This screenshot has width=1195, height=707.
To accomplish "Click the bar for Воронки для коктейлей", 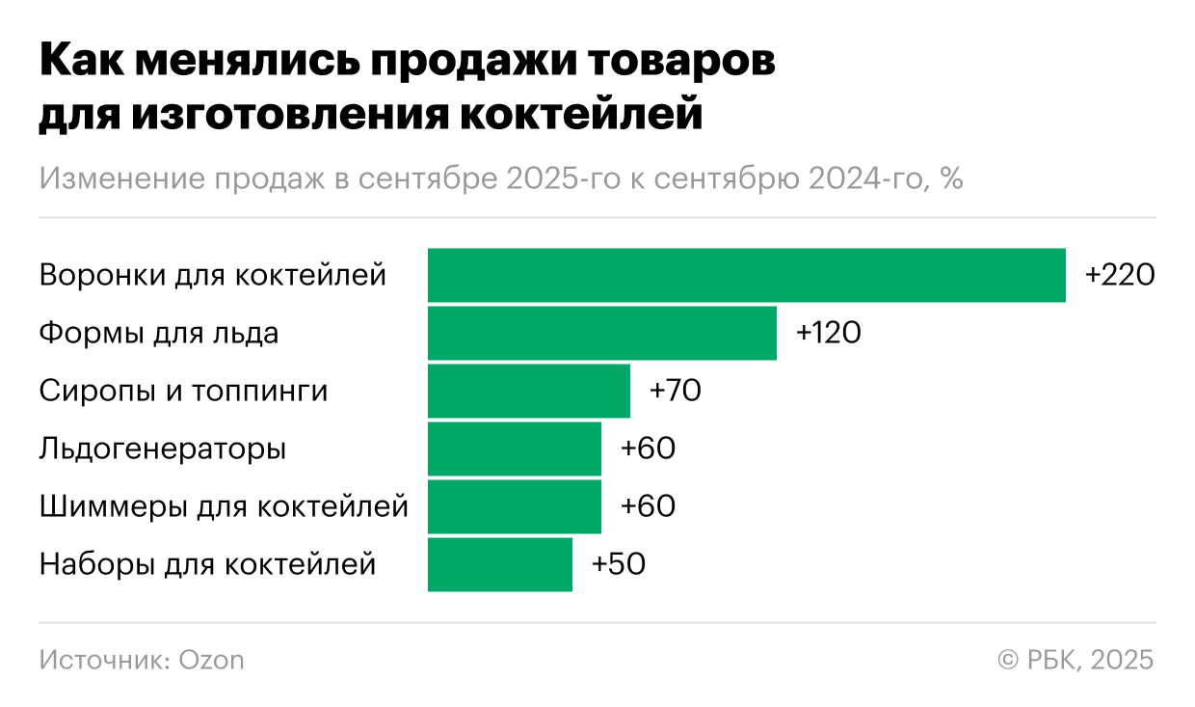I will click(747, 276).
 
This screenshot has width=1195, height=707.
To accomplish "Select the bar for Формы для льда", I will click(602, 334).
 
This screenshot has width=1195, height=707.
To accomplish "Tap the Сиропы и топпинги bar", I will click(529, 392).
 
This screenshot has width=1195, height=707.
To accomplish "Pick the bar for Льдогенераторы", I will click(515, 449).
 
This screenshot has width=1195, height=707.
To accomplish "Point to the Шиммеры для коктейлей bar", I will click(515, 507).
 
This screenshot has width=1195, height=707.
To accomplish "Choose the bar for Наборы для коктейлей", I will click(500, 565).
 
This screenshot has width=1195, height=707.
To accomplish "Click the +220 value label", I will click(1119, 276).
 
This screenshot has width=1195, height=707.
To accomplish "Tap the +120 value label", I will click(828, 334).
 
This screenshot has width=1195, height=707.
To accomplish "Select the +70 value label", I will click(675, 392).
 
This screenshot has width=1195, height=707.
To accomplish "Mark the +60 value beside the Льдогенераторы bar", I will click(648, 449).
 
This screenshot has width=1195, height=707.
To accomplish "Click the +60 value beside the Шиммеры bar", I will click(648, 507).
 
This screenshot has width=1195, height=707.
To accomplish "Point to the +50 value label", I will click(618, 565).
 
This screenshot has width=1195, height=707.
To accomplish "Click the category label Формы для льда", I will click(159, 334).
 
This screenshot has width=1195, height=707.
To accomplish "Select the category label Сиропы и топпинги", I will click(183, 392).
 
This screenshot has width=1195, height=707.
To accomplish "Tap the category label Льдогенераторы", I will click(163, 449).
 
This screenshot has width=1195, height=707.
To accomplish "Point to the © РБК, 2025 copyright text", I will click(1075, 661).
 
